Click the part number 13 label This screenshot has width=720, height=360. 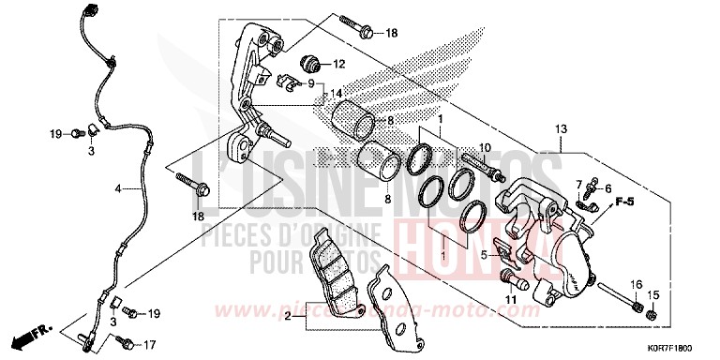561,127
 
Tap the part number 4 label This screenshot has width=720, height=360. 118,189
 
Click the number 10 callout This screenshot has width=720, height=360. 485,148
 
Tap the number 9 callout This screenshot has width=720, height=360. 310,82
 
